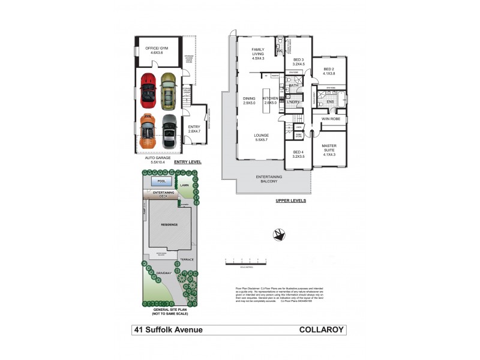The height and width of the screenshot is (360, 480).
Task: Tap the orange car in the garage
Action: tap(148, 130)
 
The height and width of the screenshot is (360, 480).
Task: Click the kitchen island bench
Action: tap(262, 100)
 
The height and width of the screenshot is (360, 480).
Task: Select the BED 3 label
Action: tap(299, 62)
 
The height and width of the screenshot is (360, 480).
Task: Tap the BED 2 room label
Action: tap(329, 71)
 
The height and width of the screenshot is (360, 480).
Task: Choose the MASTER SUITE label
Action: tap(329, 150)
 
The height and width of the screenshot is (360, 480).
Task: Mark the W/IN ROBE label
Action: tap(330, 118)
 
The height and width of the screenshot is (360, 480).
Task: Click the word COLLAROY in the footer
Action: tap(322, 329)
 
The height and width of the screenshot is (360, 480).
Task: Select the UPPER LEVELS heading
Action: tap(291, 201)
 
